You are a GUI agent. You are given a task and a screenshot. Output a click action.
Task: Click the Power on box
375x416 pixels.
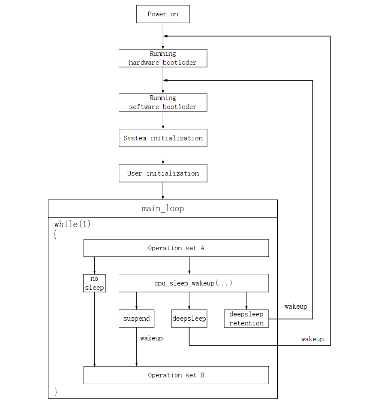pos(163,14)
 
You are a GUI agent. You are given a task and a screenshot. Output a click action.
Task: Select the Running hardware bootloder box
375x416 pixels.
pos(163,58)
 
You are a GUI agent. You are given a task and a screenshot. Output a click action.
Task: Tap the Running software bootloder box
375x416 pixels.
pos(163,103)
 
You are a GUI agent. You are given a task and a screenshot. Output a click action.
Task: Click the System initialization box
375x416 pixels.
pos(163,138)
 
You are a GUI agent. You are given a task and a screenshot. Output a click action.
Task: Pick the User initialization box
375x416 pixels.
pos(163,173)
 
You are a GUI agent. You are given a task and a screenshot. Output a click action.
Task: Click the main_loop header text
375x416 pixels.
pos(163,209)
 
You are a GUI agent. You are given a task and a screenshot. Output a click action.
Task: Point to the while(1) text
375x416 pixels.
pos(72,224)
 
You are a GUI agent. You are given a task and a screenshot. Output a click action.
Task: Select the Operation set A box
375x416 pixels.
pos(176,248)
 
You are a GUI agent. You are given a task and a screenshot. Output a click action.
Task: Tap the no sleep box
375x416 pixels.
pos(94,283)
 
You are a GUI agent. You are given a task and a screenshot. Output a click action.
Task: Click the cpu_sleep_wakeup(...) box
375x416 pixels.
pos(193,283)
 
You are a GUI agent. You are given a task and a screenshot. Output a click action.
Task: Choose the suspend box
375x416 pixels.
pos(136,319)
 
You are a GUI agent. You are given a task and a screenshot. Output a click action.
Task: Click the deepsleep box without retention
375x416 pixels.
pos(189,319)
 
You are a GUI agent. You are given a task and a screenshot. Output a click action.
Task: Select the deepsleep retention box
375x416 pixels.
pos(246,319)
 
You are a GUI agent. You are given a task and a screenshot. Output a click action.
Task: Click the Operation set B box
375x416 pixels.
pos(176,375)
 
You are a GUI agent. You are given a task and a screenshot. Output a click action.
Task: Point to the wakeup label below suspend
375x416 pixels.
pos(151,338)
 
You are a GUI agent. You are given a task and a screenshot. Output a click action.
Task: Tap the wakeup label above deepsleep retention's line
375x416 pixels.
pos(296,307)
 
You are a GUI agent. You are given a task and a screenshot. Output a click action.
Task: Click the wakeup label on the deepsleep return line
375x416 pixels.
pos(312,339)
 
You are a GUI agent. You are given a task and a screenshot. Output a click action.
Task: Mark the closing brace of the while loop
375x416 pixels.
pos(56,391)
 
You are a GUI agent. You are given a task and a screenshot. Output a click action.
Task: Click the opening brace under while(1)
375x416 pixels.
pos(55,235)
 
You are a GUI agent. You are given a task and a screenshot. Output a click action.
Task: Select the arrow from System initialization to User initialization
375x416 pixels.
pos(163,155)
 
